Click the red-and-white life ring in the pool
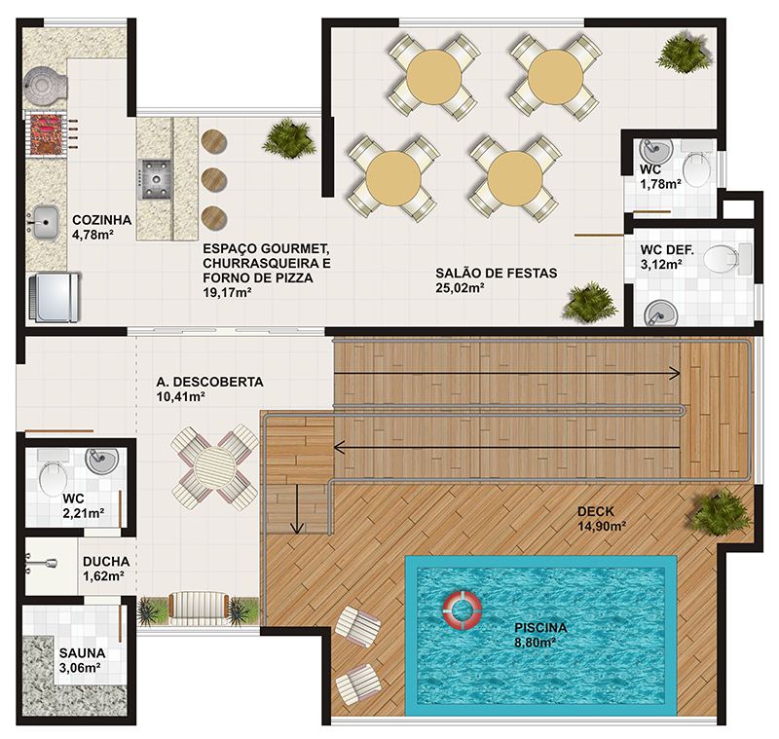(x=463, y=610)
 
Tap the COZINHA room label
(x=102, y=220)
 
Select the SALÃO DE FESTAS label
(x=497, y=274)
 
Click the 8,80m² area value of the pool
(x=535, y=643)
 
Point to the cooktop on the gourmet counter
(x=155, y=179)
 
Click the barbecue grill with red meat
(x=46, y=134)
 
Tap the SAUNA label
(x=82, y=653)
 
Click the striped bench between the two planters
(x=199, y=608)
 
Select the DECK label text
(x=596, y=511)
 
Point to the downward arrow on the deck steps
(x=297, y=509)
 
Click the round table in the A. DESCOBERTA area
(x=215, y=466)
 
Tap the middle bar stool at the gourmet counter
(x=214, y=179)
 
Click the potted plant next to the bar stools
(x=288, y=139)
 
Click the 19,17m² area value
(x=227, y=292)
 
